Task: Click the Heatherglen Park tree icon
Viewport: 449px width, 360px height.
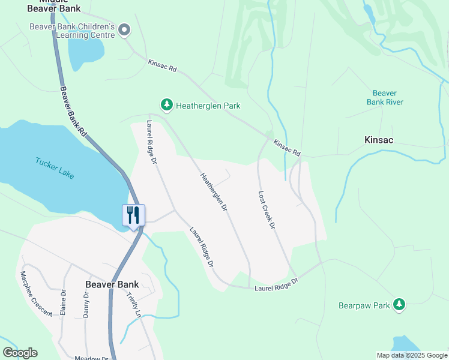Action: tap(166, 105)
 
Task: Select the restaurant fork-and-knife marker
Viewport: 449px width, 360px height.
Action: tap(133, 215)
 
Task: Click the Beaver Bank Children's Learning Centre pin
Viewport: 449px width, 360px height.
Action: tap(125, 30)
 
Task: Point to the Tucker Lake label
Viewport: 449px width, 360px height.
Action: tap(55, 168)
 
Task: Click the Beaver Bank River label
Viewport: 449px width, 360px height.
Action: tap(385, 97)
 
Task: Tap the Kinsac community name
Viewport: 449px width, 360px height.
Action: tap(379, 140)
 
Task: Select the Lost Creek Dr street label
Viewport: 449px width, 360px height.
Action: tap(267, 210)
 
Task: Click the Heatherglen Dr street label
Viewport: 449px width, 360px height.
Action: tap(214, 192)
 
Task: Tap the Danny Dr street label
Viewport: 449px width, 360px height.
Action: tap(86, 304)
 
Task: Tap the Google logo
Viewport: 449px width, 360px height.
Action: tap(20, 353)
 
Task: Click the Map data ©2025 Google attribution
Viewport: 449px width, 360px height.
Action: tap(412, 355)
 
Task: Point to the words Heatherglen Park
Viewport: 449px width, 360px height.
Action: tap(208, 106)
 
